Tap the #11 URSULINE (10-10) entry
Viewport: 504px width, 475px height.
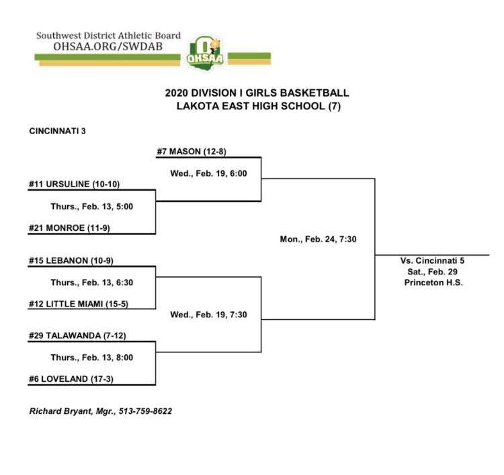pyautogui.click(x=75, y=184)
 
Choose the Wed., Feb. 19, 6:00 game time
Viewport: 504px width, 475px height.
pyautogui.click(x=209, y=174)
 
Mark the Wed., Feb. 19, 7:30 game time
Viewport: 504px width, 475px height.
pyautogui.click(x=209, y=315)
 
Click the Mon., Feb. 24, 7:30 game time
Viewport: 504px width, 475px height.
pyautogui.click(x=317, y=238)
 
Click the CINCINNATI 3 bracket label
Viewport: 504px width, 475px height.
pyautogui.click(x=57, y=130)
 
